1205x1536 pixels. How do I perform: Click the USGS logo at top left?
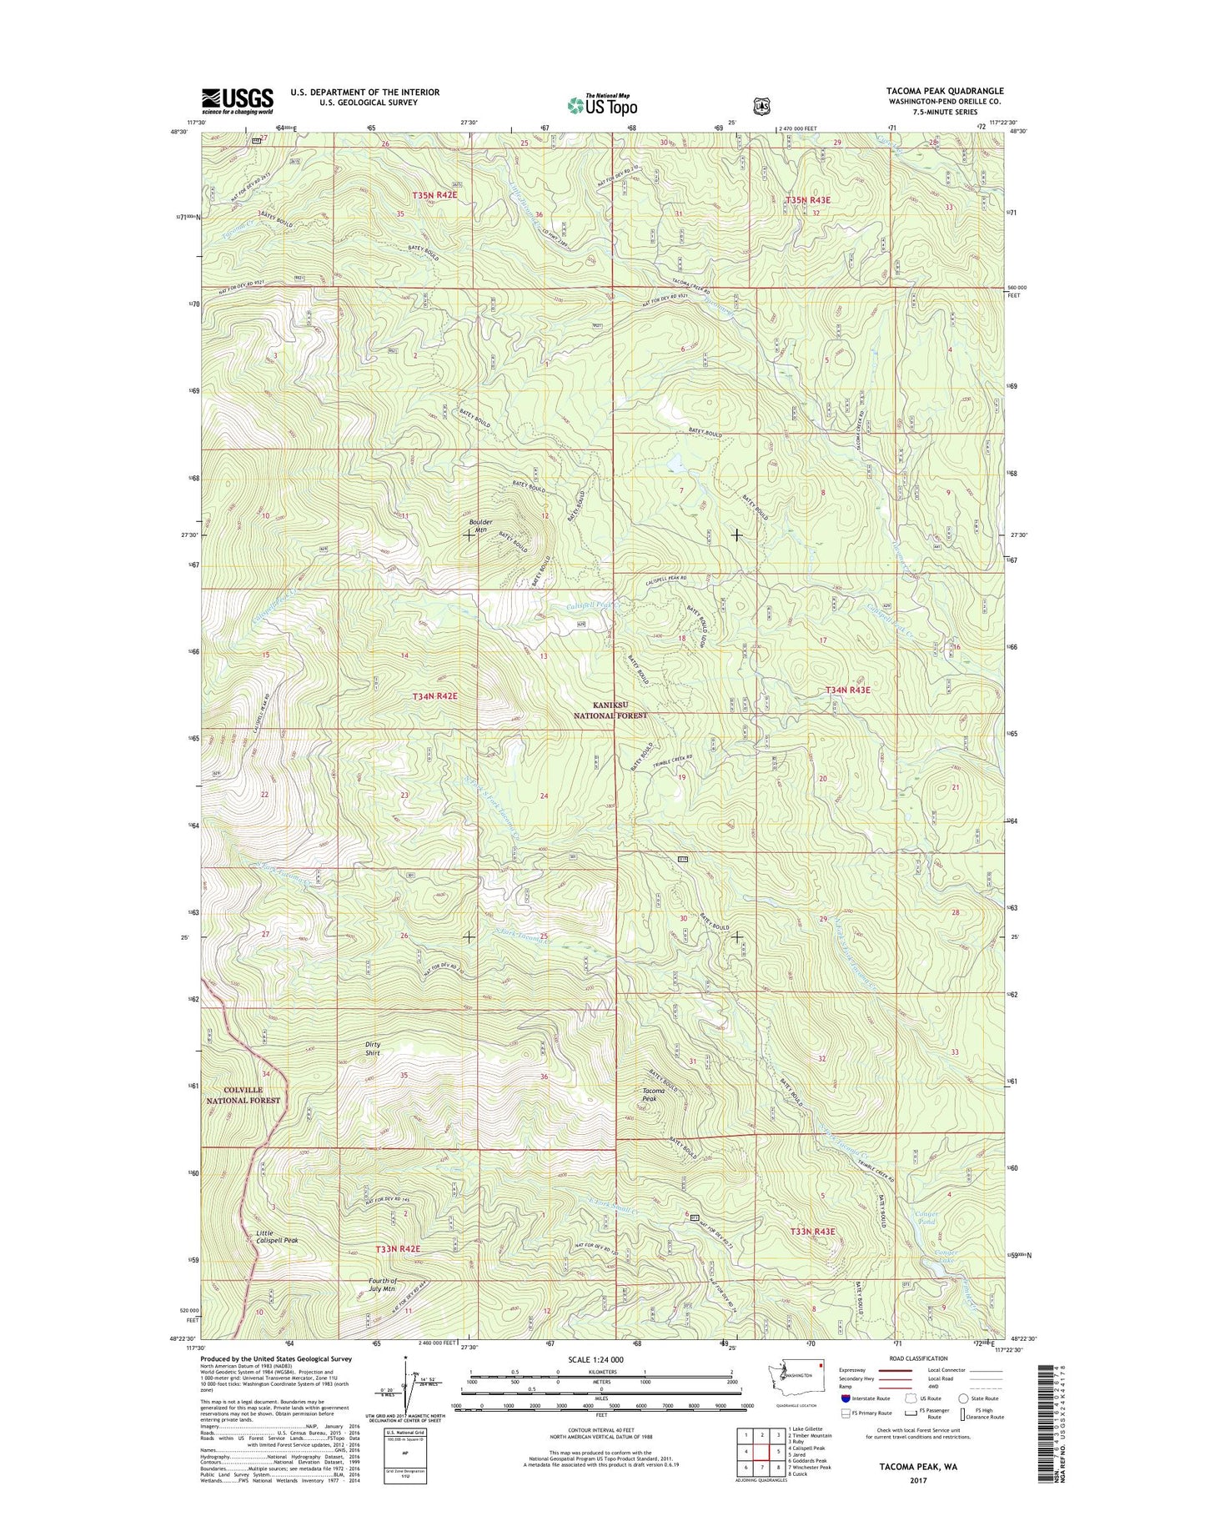[237, 101]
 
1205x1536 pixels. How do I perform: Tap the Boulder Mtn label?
[479, 525]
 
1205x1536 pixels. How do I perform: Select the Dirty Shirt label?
[372, 1048]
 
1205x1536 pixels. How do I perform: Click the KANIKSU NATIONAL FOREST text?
[615, 710]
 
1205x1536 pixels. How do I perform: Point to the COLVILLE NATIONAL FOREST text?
[243, 1095]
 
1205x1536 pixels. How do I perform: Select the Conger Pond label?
[926, 1218]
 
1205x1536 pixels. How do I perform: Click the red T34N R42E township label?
[434, 695]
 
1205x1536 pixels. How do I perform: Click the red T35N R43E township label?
[808, 200]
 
